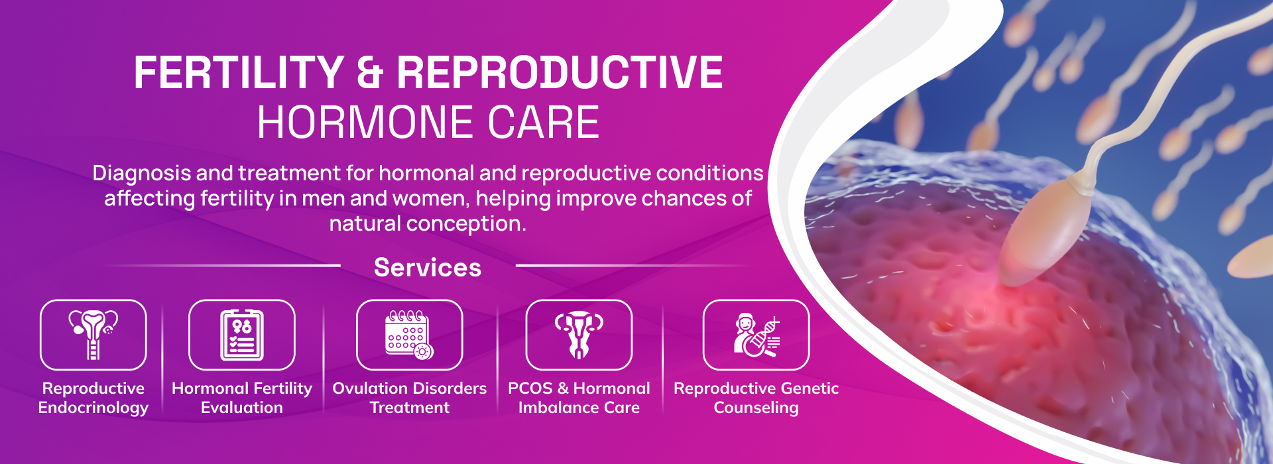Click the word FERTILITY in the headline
coord(239,72)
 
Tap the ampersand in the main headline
coord(370,72)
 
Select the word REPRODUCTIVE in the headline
coord(560,72)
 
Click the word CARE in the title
coord(544,123)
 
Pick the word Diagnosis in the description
coord(141,174)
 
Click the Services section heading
coord(428,268)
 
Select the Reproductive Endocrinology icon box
coord(93,335)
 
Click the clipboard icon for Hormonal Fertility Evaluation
coord(242,335)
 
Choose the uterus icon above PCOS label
coord(579,335)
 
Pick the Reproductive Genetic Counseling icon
coord(757,335)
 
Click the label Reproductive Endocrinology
coord(93,398)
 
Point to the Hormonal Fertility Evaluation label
coord(242,398)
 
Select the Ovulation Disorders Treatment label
coord(410,398)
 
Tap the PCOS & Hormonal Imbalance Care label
coord(579,398)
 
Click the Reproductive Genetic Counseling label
coord(757,398)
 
